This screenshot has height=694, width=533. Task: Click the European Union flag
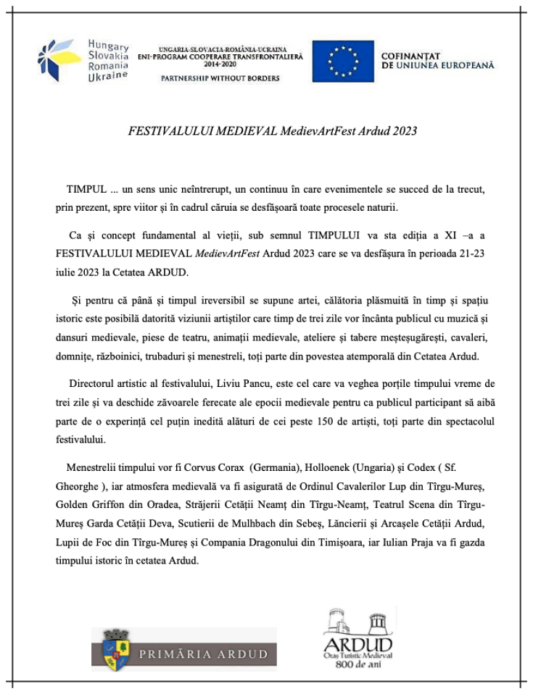pyautogui.click(x=343, y=61)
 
